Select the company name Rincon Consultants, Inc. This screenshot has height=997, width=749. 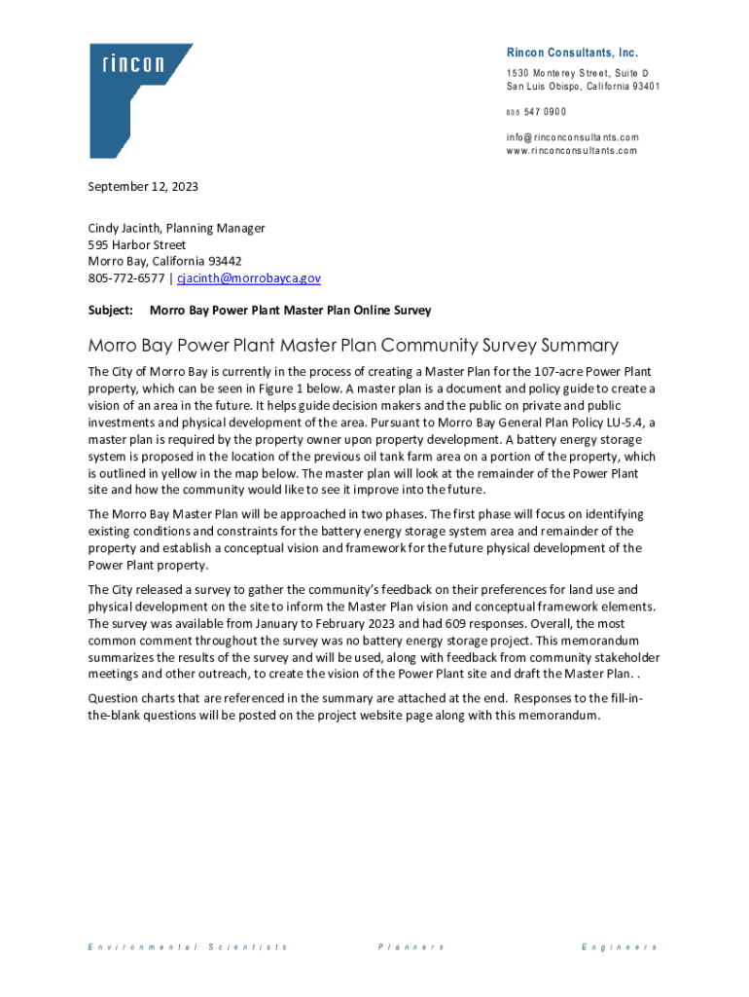572,53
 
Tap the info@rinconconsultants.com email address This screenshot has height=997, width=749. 572,137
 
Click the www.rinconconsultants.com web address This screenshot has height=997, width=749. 571,151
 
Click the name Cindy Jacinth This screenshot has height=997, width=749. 126,228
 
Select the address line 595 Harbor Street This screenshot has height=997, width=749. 137,244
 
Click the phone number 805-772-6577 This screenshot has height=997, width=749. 125,278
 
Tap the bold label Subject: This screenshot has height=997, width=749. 110,310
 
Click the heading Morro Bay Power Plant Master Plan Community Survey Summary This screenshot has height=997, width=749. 353,346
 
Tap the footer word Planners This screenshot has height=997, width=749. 410,946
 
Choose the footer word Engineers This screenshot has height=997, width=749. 619,946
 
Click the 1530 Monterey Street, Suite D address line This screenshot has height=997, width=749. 577,74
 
